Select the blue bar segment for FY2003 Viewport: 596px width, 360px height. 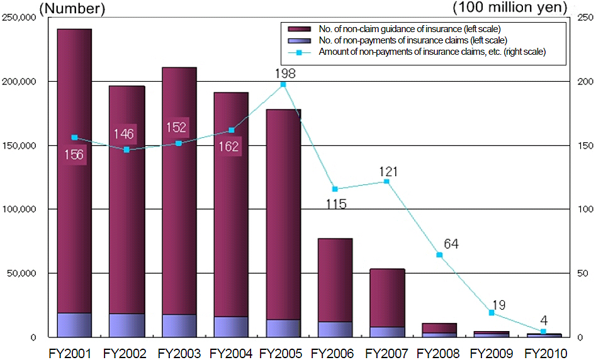pos(179,325)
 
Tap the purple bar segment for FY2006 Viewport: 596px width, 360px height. pos(335,280)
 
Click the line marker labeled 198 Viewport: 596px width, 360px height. pos(283,84)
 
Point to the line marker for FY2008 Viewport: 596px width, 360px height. pos(439,255)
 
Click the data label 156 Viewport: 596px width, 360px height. pos(74,155)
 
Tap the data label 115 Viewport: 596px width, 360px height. pos(336,204)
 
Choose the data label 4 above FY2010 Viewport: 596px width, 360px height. pos(543,319)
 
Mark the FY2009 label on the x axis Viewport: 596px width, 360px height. pos(492,352)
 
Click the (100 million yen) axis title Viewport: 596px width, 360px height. pos(510,8)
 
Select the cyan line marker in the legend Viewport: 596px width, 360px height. pos(300,52)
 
